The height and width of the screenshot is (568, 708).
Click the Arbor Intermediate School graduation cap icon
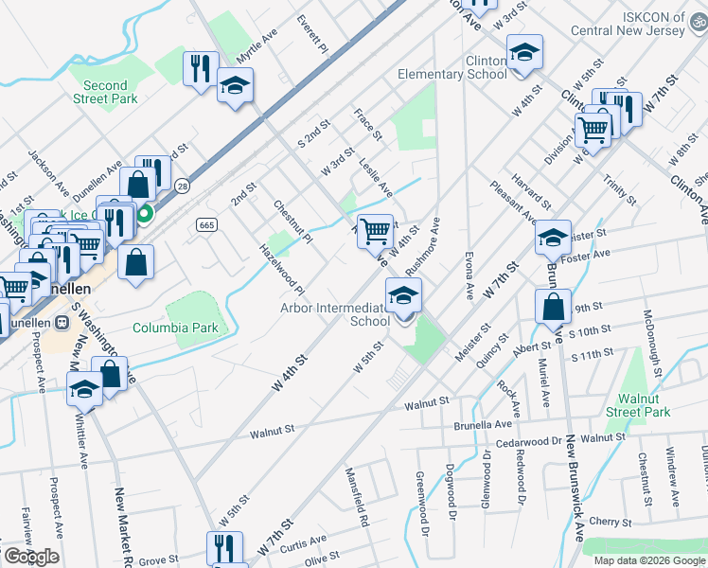(404, 296)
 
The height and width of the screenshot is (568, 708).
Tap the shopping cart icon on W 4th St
(376, 230)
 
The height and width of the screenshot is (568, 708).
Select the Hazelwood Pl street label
(282, 268)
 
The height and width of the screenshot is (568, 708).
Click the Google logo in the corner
(31, 557)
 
